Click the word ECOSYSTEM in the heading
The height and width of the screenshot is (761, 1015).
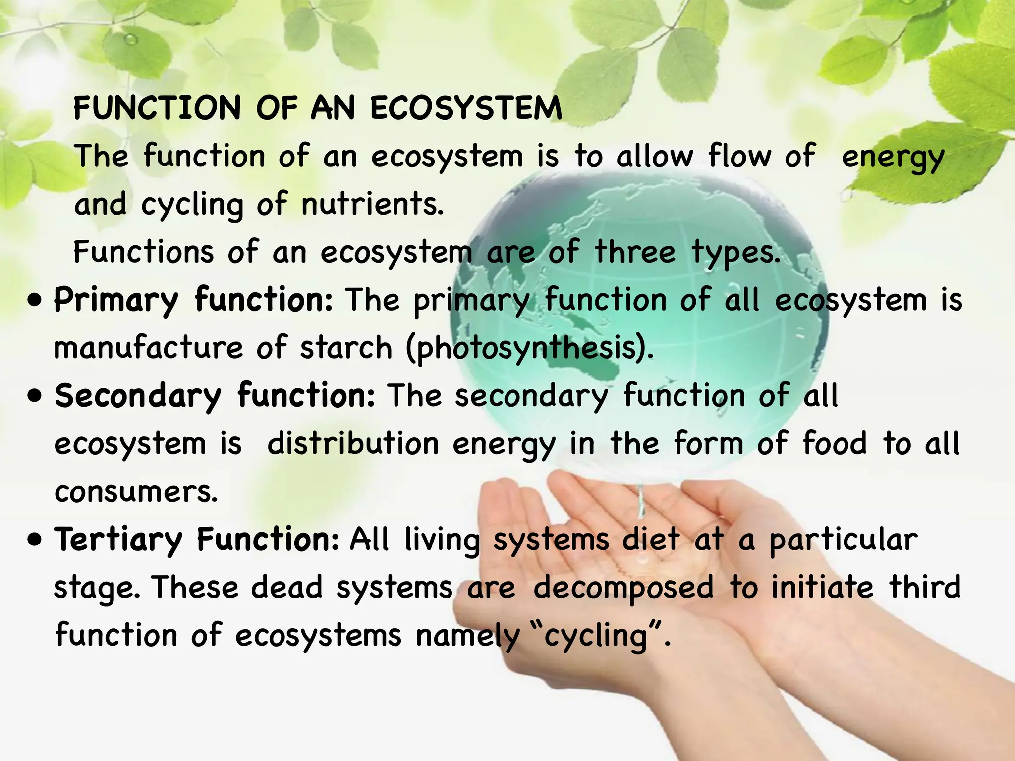[466, 108]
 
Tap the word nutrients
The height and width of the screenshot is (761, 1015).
[372, 204]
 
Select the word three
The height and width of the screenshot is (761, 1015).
[635, 251]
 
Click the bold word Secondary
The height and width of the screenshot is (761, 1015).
[138, 396]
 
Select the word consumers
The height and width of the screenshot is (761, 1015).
[136, 491]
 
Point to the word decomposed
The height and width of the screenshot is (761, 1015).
[623, 588]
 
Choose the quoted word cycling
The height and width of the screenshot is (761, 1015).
[596, 636]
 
